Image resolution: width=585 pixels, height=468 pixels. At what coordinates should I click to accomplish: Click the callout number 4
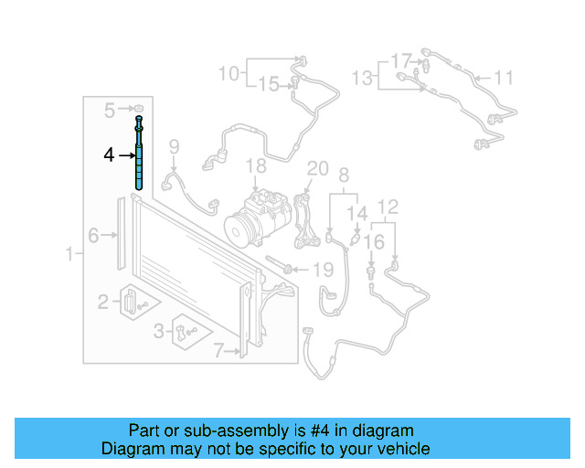[x=109, y=155]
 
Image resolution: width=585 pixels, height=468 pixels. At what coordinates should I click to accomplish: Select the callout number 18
[x=256, y=165]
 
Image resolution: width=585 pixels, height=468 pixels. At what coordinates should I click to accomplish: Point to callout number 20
[x=317, y=168]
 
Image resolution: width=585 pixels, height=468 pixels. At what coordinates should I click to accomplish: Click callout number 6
[x=218, y=349]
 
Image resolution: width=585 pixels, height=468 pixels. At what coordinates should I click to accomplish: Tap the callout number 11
[x=505, y=77]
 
